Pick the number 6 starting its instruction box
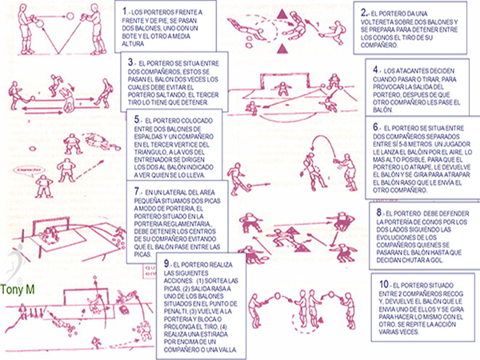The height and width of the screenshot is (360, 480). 375,126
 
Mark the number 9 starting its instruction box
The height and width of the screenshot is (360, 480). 165,265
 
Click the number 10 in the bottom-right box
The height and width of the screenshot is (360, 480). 382,284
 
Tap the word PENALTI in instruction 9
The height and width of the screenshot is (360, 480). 229,305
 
